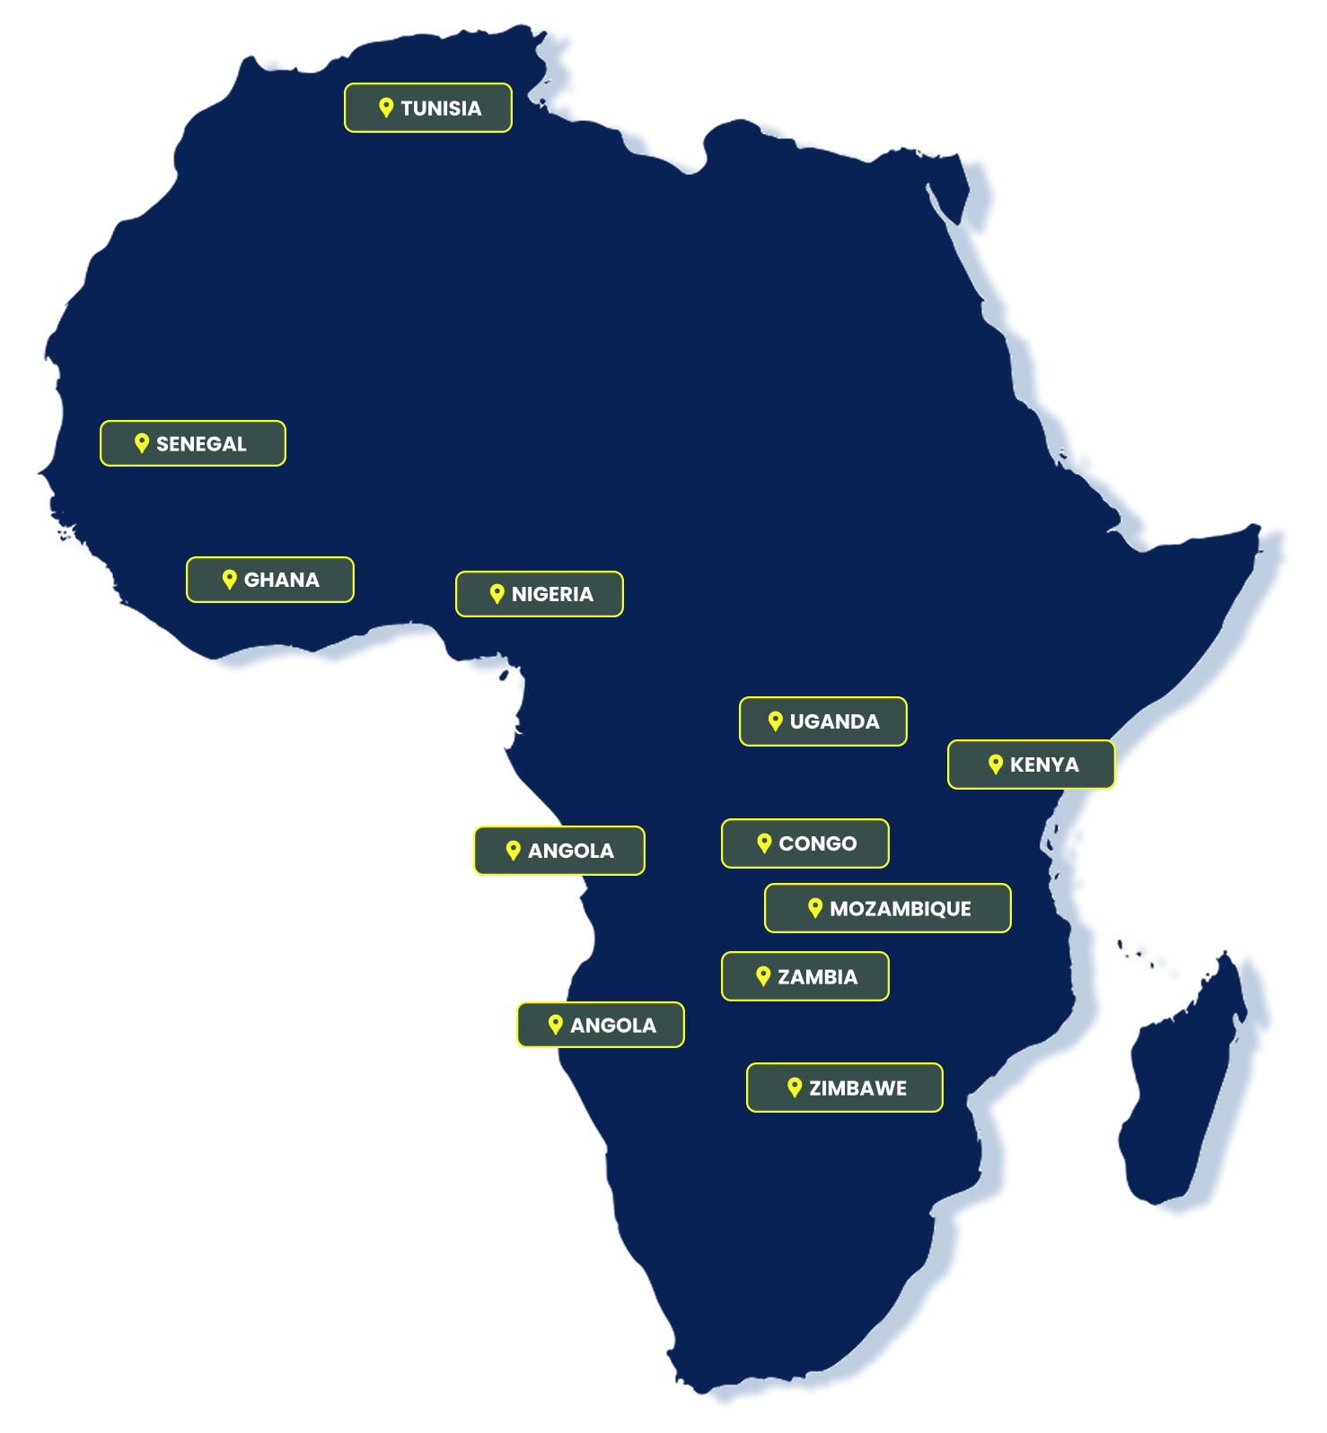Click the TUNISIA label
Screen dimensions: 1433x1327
pyautogui.click(x=440, y=109)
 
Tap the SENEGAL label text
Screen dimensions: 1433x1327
pyautogui.click(x=201, y=444)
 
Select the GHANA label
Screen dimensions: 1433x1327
pyautogui.click(x=281, y=581)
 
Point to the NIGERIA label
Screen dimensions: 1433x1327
pyautogui.click(x=552, y=595)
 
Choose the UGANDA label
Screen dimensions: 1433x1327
pyautogui.click(x=834, y=722)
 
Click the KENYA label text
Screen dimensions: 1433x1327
pyautogui.click(x=1044, y=765)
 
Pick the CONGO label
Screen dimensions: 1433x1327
pyautogui.click(x=817, y=844)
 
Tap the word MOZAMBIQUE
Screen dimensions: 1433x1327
pyautogui.click(x=900, y=909)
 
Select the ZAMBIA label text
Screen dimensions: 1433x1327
pyautogui.click(x=817, y=977)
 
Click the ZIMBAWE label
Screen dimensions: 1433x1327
pyautogui.click(x=857, y=1088)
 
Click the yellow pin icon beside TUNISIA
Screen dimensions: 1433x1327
pyautogui.click(x=386, y=108)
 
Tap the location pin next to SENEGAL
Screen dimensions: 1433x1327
pyautogui.click(x=141, y=442)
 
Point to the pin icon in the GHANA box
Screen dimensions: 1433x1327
pyautogui.click(x=229, y=580)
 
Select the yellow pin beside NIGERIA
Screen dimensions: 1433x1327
pyautogui.click(x=497, y=593)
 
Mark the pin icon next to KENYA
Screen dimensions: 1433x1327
pyautogui.click(x=995, y=765)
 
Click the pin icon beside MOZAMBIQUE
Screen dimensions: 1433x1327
pyautogui.click(x=815, y=908)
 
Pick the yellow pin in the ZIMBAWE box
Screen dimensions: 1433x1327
pyautogui.click(x=794, y=1088)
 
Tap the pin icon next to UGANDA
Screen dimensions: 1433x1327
pyautogui.click(x=776, y=721)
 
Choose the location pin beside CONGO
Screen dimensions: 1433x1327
pyautogui.click(x=764, y=843)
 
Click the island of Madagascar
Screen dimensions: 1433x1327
pyautogui.click(x=1194, y=1095)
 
